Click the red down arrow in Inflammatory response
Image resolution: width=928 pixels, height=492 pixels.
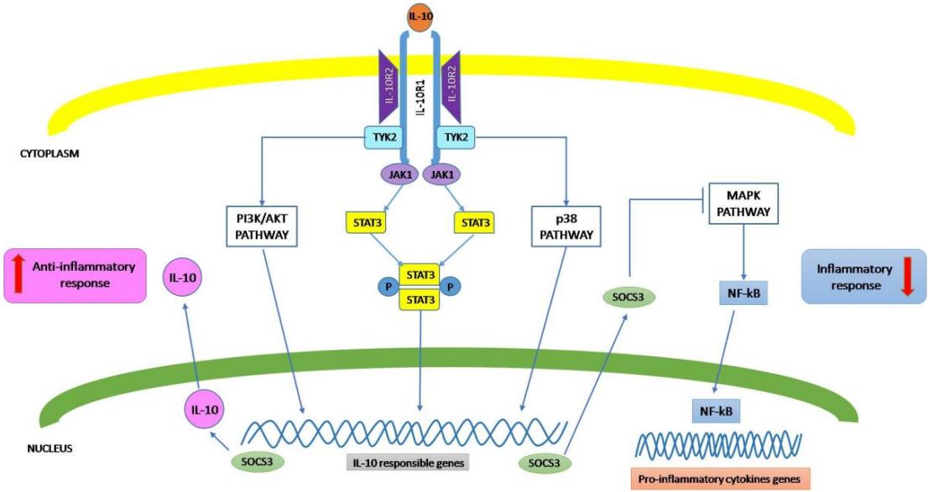(x=906, y=277)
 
